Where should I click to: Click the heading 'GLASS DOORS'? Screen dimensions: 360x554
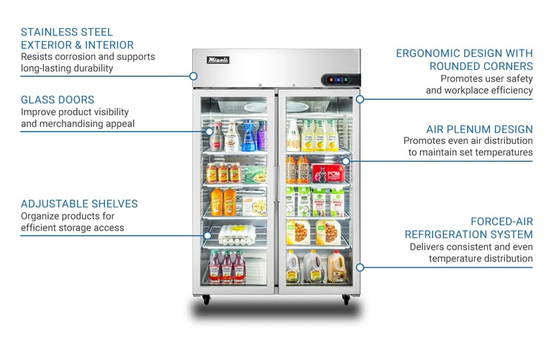point(58,99)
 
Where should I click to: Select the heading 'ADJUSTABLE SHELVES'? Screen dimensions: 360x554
point(79,204)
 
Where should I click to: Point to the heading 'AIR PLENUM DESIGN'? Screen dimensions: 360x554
point(479,129)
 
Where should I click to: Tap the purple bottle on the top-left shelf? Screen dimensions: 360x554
point(262,135)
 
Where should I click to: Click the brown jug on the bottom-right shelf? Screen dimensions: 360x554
point(337,268)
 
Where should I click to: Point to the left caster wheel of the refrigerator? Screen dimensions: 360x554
point(206,300)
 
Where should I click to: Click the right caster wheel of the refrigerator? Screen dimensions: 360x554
point(346,300)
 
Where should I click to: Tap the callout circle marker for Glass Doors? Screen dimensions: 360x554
point(208,132)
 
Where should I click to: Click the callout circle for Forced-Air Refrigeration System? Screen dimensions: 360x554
point(360,267)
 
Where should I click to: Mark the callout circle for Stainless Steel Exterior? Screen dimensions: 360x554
point(194,76)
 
